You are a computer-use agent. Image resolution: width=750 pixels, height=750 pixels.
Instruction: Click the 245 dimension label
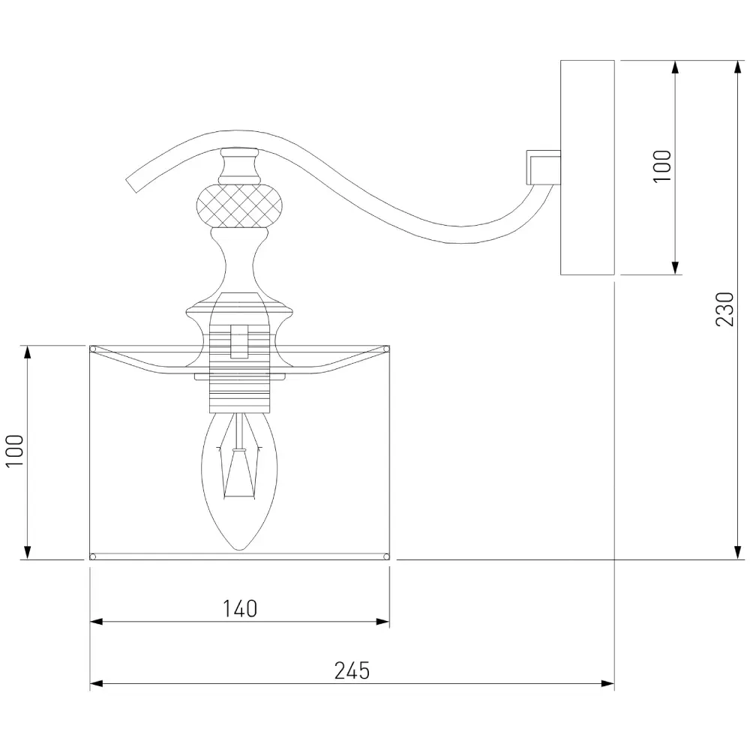pyautogui.click(x=352, y=670)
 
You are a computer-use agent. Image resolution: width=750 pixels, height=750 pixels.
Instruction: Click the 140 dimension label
pyautogui.click(x=240, y=609)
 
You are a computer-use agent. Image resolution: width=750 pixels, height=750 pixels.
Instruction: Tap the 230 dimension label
pyautogui.click(x=724, y=309)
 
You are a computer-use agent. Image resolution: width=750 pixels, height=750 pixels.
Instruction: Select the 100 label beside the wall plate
pyautogui.click(x=662, y=166)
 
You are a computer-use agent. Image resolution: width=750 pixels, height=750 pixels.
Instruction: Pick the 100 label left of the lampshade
pyautogui.click(x=15, y=451)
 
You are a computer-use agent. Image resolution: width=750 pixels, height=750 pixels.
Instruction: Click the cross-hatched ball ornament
pyautogui.click(x=239, y=207)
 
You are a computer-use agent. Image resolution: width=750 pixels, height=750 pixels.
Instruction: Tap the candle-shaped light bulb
pyautogui.click(x=239, y=481)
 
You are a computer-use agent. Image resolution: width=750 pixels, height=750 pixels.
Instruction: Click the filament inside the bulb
pyautogui.click(x=239, y=471)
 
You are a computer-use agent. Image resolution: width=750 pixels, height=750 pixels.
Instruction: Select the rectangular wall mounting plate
pyautogui.click(x=587, y=167)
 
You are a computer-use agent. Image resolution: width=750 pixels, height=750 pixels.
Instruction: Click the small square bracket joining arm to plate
pyautogui.click(x=543, y=167)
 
